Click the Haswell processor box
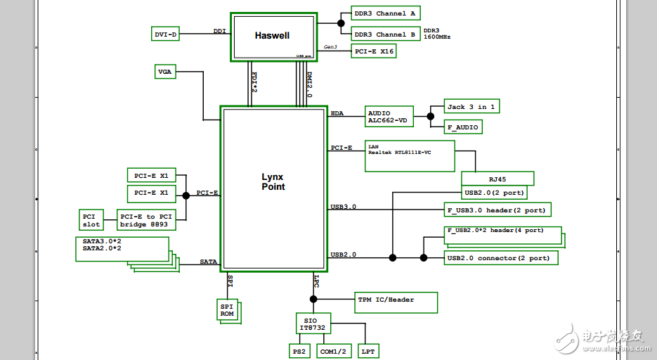tap(272, 36)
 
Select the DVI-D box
tap(166, 34)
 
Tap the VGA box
tap(165, 72)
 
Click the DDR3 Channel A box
tap(384, 13)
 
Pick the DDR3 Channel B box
tap(384, 34)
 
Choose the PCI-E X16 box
tap(374, 51)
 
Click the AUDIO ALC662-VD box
tap(389, 117)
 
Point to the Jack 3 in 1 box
tap(472, 107)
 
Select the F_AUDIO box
tap(463, 127)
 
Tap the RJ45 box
tap(497, 179)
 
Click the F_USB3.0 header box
tap(497, 210)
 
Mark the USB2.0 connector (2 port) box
tap(501, 258)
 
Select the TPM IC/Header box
tap(397, 302)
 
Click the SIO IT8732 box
tap(313, 323)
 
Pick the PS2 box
tap(299, 351)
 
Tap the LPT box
tap(368, 351)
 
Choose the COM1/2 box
tap(333, 351)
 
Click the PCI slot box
tap(91, 220)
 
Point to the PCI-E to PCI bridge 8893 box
tap(146, 220)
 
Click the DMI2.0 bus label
tap(309, 84)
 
